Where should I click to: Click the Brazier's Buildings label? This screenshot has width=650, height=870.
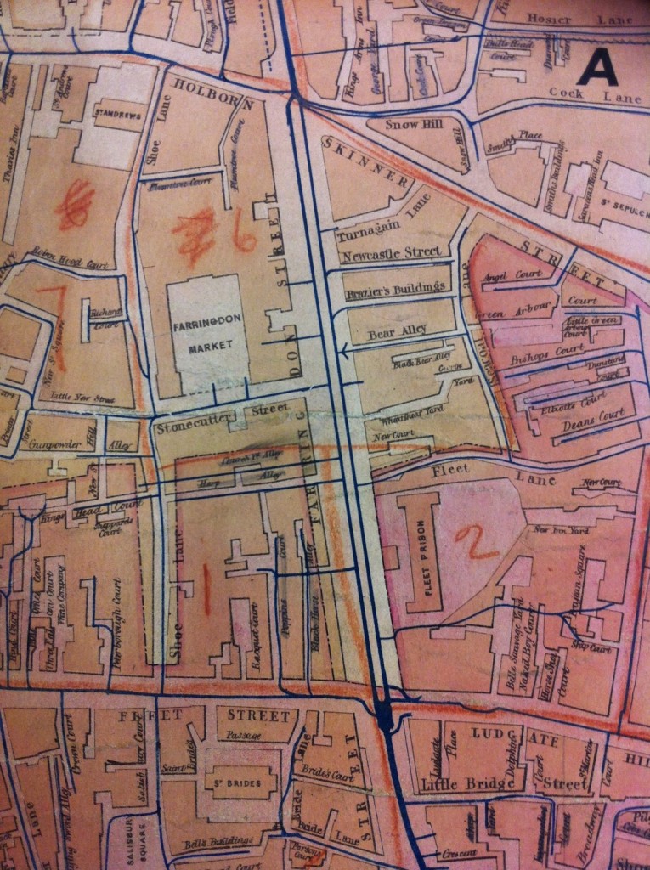coord(396,289)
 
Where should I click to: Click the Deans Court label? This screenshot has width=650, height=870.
coord(600,415)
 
